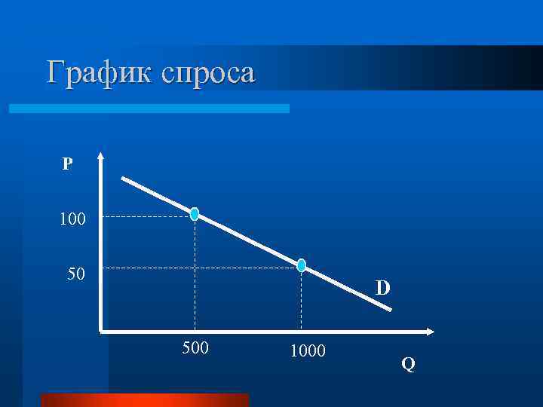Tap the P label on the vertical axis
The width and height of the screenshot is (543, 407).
pos(67,164)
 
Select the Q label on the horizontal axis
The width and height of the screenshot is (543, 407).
pos(408,365)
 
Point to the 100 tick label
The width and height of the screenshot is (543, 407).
pos(74,220)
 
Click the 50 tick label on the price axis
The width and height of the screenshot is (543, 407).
pos(75,272)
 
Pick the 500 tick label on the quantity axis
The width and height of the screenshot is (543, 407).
pos(195,349)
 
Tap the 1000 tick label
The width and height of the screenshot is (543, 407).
pos(307,350)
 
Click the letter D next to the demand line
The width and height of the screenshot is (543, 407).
pos(383,289)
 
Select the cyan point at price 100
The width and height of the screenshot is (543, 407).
pos(195,215)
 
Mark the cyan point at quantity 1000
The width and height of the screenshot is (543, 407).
pos(302,265)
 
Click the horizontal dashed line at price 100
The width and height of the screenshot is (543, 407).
pos(147,217)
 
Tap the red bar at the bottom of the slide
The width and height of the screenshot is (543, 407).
pos(144,399)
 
